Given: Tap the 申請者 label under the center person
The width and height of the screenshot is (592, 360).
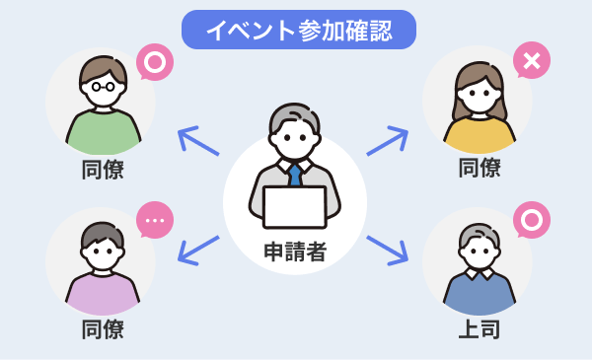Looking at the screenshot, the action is point(295,252).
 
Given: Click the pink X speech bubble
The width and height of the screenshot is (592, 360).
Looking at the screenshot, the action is point(532,61).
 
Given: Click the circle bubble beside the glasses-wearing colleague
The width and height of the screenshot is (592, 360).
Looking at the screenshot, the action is point(154,61).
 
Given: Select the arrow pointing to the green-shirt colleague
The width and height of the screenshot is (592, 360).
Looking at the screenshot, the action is point(198,141).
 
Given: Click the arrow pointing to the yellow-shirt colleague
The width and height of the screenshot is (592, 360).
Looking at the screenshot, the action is point(388,141).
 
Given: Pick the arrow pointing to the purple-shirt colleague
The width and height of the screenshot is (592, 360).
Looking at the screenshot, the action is point(198,250).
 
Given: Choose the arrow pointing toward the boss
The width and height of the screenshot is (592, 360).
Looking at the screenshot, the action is point(388,250).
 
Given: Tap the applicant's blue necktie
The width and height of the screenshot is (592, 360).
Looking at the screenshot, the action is point(294,176).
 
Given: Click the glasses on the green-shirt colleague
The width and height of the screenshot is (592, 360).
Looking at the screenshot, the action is point(103,86).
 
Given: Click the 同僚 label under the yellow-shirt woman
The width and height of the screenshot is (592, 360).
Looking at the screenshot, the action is point(480,169).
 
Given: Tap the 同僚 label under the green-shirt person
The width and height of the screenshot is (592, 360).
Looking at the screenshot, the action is point(103,169).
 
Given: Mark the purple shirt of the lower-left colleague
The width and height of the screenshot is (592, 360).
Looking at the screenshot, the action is point(103,295).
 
